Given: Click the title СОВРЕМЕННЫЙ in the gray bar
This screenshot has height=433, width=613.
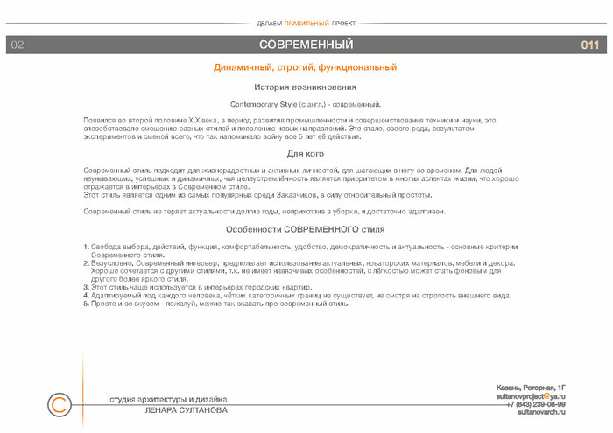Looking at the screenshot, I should [x=306, y=45].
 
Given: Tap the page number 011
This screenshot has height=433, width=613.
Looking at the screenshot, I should [x=589, y=45].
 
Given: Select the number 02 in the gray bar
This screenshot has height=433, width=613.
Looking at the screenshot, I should [x=18, y=45].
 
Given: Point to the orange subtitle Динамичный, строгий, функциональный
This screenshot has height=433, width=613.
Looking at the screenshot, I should [x=306, y=67].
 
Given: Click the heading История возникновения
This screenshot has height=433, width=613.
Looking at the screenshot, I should [x=306, y=87].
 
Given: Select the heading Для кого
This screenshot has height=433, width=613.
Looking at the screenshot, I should [x=306, y=153].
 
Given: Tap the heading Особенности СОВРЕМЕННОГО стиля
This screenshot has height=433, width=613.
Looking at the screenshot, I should [x=306, y=229].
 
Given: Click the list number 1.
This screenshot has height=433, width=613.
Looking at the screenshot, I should [x=85, y=247].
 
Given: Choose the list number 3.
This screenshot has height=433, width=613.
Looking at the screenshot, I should [x=85, y=286].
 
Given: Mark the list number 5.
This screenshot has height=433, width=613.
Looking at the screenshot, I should [x=85, y=304].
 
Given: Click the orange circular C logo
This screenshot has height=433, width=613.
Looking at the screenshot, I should [x=59, y=405].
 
